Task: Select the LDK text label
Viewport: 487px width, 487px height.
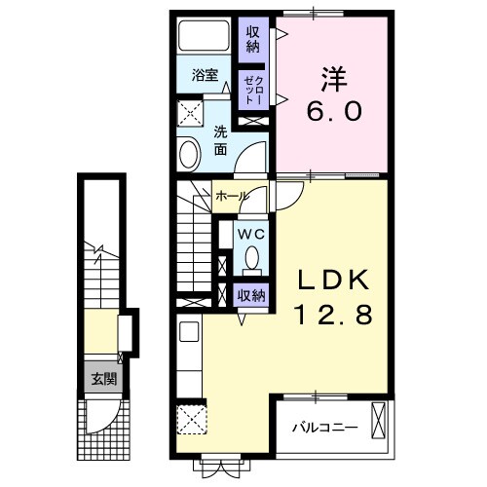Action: click(334, 281)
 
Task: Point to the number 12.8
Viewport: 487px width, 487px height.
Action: click(334, 317)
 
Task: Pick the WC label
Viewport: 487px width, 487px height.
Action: click(251, 234)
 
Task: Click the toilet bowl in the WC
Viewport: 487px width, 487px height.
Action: click(251, 258)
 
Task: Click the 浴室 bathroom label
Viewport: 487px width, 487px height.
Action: click(203, 73)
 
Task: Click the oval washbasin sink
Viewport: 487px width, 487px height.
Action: click(189, 152)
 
